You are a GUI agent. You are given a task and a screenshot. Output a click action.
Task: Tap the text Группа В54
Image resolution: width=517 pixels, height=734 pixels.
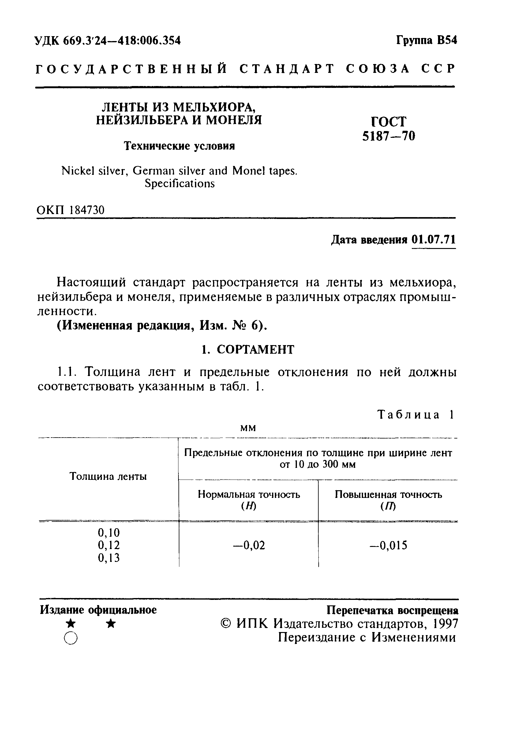[427, 40]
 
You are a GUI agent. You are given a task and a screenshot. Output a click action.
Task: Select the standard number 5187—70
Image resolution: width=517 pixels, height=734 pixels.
[388, 137]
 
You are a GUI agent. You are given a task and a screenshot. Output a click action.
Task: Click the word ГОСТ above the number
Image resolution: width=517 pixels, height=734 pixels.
[388, 122]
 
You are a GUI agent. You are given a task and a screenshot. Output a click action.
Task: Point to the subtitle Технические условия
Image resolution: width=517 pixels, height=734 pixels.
[179, 146]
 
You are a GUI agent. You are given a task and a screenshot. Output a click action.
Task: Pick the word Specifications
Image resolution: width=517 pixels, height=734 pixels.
[180, 183]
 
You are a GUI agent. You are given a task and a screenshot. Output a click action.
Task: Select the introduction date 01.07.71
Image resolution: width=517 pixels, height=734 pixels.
[433, 239]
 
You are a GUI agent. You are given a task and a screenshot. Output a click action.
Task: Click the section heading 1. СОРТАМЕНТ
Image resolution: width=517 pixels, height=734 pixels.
[248, 350]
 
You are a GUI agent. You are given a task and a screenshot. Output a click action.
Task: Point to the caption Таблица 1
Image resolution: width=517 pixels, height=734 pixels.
[415, 415]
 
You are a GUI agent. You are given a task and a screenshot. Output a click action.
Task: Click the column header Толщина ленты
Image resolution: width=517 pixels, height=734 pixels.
[108, 477]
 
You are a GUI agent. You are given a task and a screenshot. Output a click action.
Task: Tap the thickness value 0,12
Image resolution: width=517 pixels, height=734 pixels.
[109, 545]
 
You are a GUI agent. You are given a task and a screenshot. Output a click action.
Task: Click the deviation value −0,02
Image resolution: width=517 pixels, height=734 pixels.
[249, 545]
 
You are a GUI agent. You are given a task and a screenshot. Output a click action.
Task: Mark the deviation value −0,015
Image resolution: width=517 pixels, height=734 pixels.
[388, 545]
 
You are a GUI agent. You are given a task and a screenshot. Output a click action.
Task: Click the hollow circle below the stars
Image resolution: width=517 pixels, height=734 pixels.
[70, 638]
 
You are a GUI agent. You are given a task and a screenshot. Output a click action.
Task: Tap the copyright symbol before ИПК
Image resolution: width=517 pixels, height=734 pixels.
[226, 624]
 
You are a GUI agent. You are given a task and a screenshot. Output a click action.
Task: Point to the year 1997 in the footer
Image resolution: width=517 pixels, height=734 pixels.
[445, 624]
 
